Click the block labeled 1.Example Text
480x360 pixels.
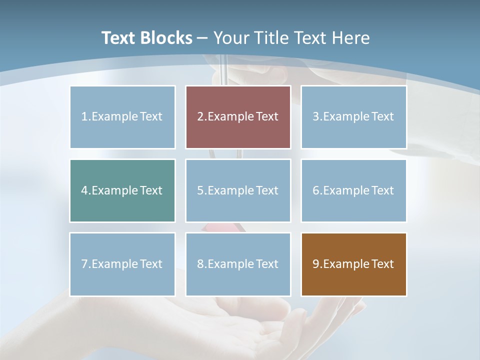point(122,117)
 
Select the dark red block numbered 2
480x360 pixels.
point(238,117)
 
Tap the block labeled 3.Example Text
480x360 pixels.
point(353,117)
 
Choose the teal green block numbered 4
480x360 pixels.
point(122,190)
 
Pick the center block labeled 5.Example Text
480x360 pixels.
point(238,190)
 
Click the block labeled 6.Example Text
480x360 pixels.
point(353,190)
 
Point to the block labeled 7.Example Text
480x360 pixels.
point(122,264)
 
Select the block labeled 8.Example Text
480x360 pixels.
point(238,264)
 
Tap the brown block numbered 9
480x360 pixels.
point(353,264)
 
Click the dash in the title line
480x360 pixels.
point(202,38)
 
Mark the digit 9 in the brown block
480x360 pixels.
point(316,264)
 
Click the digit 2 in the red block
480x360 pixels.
point(200,117)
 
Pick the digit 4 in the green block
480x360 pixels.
point(84,190)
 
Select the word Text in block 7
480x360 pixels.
point(151,264)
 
